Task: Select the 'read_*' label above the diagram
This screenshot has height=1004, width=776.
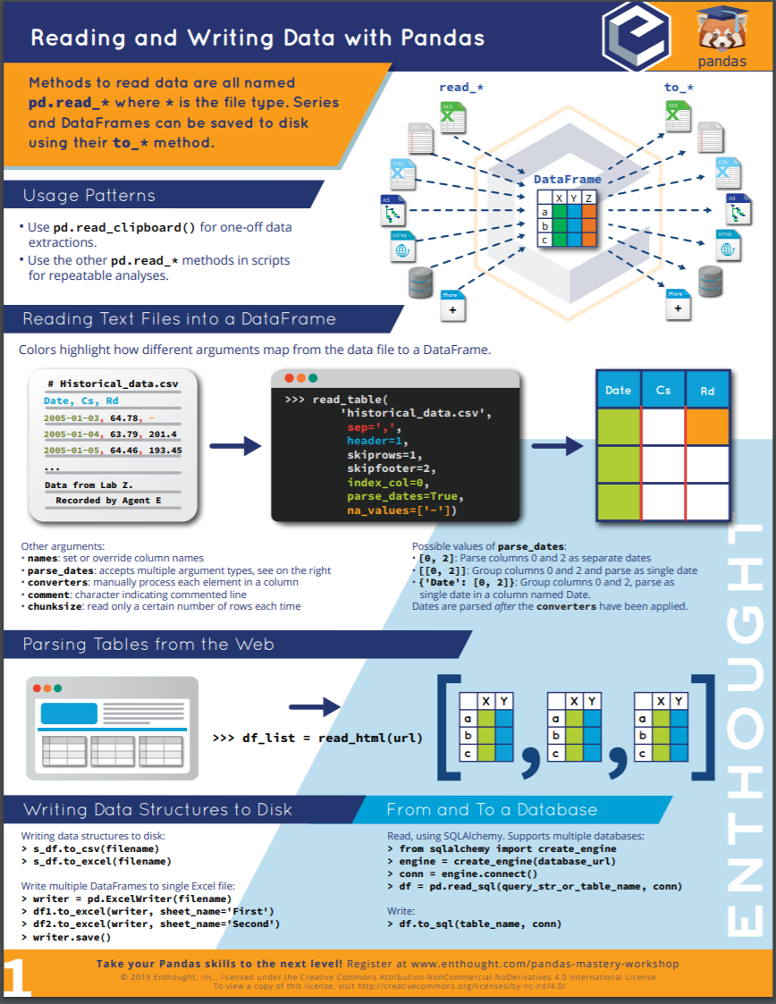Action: coord(461,87)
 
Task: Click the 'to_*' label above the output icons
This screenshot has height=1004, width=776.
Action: coord(679,87)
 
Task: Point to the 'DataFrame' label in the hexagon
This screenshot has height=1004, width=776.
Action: coord(568,180)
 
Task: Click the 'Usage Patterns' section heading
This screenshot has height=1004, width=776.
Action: coord(89,195)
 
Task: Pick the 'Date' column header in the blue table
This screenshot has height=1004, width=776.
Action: coord(618,390)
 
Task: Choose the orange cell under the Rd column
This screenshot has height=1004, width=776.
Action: coord(707,426)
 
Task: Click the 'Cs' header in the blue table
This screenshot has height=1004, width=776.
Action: coord(663,390)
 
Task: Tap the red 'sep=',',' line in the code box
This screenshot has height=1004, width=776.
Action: coord(374,427)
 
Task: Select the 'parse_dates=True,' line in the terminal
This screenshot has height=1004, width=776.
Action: coord(405,496)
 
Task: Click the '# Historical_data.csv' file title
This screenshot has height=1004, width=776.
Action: coord(114,384)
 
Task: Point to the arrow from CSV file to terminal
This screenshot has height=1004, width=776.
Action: coord(235,446)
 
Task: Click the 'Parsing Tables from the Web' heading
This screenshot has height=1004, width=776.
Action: coord(148,644)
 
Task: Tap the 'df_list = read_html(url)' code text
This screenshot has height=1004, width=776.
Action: coord(333,738)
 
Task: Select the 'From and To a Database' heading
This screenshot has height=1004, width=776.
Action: coord(492,809)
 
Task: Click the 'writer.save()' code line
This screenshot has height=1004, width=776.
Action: coord(72,937)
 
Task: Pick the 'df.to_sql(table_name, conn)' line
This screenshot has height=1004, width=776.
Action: coord(480,924)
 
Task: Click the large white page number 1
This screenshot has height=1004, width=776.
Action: coord(17,976)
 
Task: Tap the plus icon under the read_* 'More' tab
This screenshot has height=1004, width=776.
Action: coord(452,310)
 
